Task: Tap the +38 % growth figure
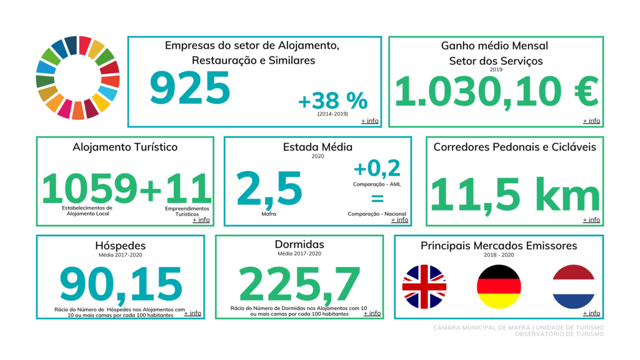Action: (x=332, y=100)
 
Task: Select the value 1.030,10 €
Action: (x=496, y=92)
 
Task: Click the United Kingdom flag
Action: (x=424, y=287)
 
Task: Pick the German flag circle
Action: (x=499, y=287)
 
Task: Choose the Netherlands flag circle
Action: (x=573, y=287)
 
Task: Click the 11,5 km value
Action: (x=515, y=194)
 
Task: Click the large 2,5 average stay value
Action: (x=269, y=188)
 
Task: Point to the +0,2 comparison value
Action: (x=377, y=168)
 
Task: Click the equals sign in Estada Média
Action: (x=377, y=199)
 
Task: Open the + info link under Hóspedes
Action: (x=192, y=313)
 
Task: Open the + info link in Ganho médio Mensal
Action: (x=591, y=121)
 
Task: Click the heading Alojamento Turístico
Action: (x=125, y=147)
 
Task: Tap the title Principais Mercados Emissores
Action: (x=499, y=246)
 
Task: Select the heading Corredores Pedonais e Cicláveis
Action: (x=514, y=147)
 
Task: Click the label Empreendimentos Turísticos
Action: (x=187, y=211)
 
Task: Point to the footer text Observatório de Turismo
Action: (x=559, y=334)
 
